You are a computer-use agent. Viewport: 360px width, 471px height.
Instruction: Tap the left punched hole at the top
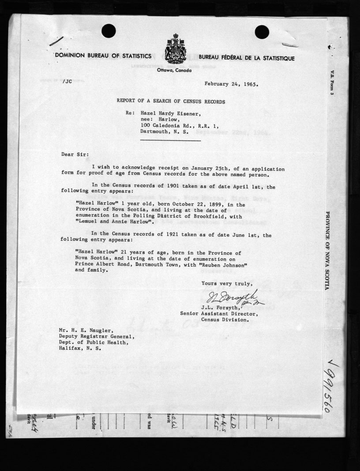pos(109,31)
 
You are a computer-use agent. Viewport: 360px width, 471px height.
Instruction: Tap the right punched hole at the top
pos(262,32)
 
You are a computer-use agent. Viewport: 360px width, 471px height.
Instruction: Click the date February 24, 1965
pos(232,82)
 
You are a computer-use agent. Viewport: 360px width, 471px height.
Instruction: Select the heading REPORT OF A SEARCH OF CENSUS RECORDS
pos(171,101)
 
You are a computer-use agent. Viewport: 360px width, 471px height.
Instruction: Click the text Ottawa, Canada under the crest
pos(174,71)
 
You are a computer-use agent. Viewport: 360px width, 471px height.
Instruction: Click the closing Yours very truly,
pos(227,283)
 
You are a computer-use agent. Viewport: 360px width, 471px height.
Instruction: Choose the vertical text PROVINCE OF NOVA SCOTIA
pos(328,250)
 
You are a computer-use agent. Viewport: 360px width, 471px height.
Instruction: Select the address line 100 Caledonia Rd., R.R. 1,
pos(179,125)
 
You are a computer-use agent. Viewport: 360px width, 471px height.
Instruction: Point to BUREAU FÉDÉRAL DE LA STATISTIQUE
pos(247,58)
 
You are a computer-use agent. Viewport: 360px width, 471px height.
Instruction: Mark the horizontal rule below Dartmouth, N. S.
pos(170,140)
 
